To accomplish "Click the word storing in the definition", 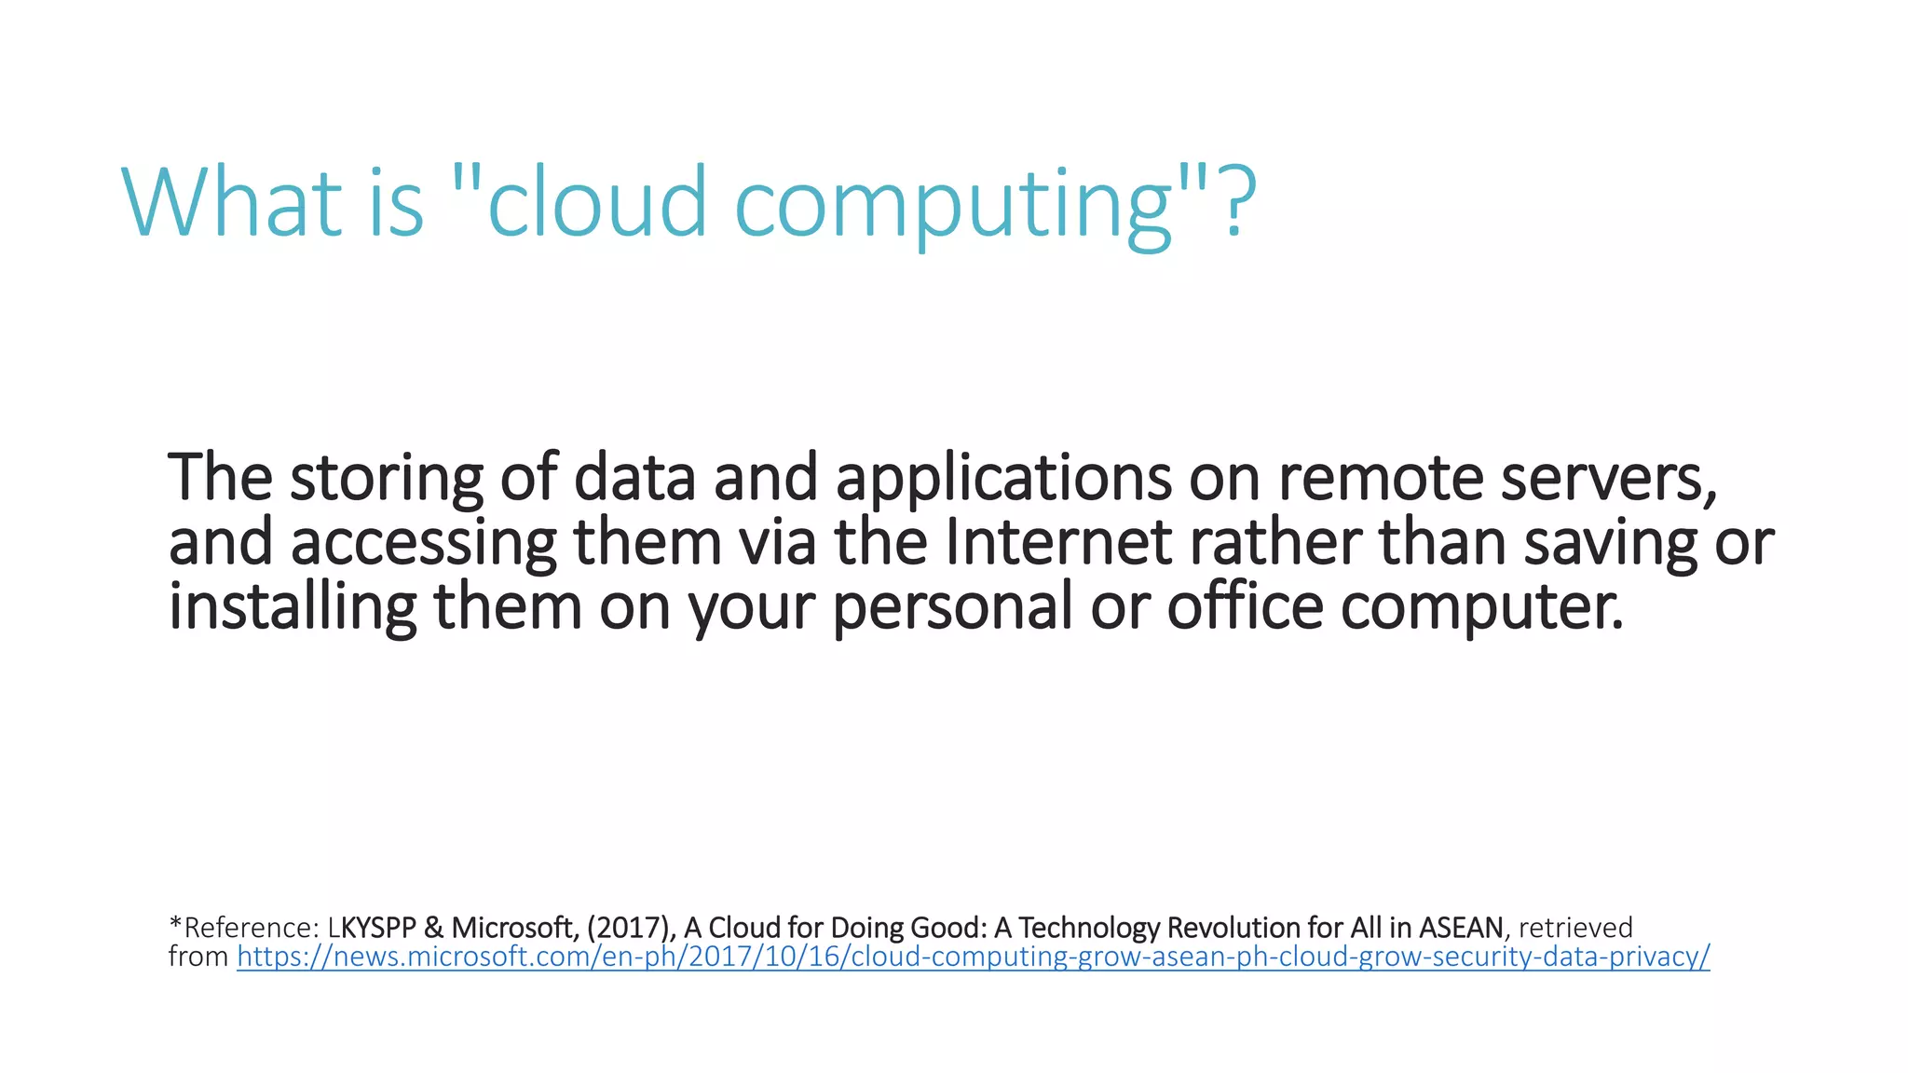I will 387,479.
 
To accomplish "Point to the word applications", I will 1003,479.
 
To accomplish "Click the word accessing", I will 424,544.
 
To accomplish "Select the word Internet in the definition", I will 1058,542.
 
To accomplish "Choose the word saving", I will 1610,544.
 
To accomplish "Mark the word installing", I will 293,607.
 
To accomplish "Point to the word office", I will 1245,605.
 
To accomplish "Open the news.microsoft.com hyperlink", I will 973,957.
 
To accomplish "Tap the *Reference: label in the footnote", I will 244,928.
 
